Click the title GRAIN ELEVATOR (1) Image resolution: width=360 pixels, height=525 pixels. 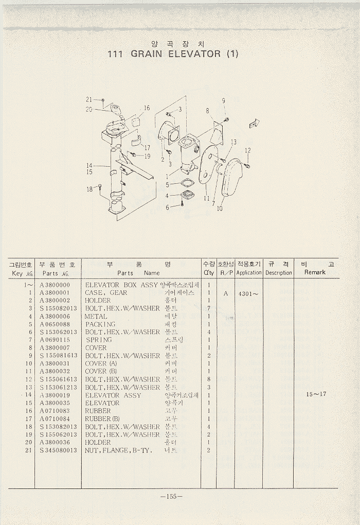[x=172, y=54]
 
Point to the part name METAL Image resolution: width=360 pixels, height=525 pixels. [x=96, y=317]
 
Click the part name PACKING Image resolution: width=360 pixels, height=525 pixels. [x=100, y=324]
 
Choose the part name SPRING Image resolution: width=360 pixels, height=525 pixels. [x=99, y=340]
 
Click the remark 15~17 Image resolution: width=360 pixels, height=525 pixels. [x=316, y=395]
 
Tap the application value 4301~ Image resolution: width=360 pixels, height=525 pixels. [x=248, y=293]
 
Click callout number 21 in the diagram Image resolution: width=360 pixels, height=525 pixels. [x=88, y=99]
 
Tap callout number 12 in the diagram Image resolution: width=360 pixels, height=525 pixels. [x=248, y=150]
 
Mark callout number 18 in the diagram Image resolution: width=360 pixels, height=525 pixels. [x=89, y=189]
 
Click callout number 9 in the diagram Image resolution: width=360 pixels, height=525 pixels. [x=224, y=100]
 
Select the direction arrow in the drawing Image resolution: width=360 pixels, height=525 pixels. [x=254, y=123]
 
